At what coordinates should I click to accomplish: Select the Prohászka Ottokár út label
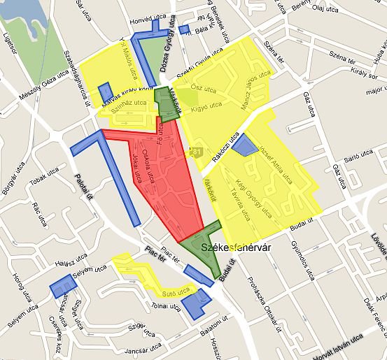tap(262, 301)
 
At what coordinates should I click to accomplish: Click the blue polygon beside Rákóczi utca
tap(245, 145)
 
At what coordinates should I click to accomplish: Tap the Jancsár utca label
tap(130, 350)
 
